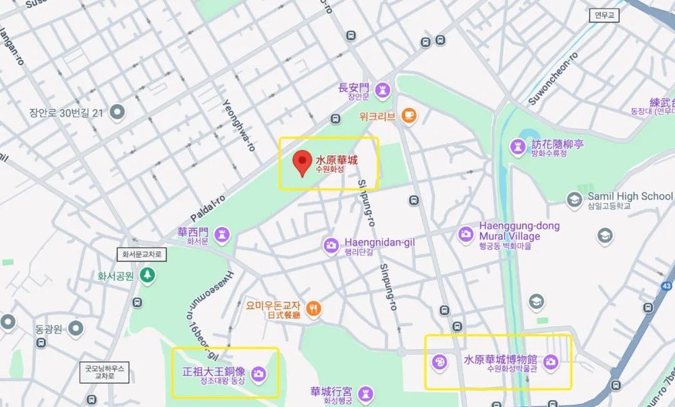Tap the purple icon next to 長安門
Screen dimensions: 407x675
(x=383, y=89)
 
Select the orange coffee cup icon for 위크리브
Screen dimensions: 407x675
(x=408, y=115)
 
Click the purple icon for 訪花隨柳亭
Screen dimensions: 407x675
(x=518, y=146)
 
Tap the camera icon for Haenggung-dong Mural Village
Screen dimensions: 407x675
(x=465, y=234)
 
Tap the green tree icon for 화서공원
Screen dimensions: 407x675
(x=147, y=275)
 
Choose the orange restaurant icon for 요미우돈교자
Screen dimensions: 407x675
(x=314, y=309)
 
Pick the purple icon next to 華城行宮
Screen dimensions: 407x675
(x=365, y=392)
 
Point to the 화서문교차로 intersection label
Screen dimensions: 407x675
(x=142, y=254)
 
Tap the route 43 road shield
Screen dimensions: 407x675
(x=666, y=287)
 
